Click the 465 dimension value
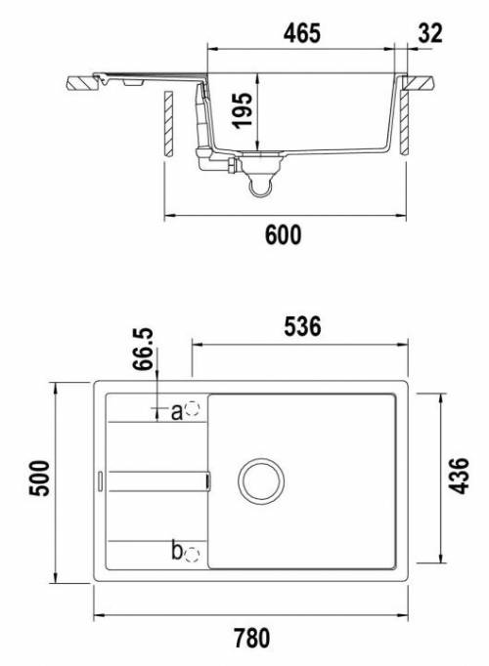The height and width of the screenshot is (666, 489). [302, 33]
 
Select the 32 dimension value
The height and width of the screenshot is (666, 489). [430, 33]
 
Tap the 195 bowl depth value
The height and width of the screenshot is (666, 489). [243, 110]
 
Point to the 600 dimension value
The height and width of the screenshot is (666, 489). [284, 235]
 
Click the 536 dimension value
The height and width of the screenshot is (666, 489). [302, 326]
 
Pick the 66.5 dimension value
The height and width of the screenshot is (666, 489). [143, 350]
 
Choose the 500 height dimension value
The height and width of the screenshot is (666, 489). [39, 478]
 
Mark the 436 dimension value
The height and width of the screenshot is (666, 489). [460, 476]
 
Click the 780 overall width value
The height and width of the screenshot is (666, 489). [252, 639]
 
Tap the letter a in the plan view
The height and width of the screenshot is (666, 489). [177, 412]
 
